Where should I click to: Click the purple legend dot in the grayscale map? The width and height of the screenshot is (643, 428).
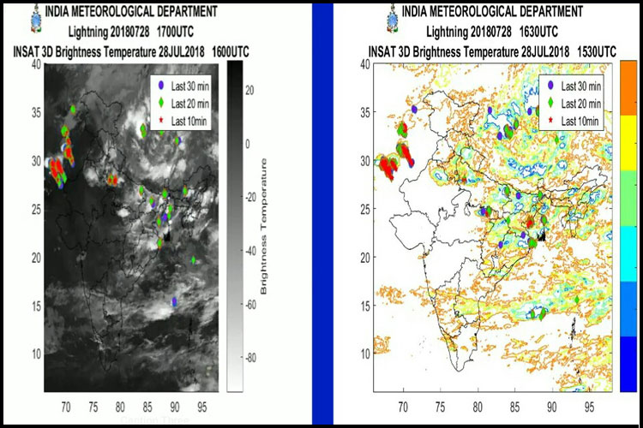pos(160,84)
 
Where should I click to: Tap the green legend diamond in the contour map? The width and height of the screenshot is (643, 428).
pos(550,104)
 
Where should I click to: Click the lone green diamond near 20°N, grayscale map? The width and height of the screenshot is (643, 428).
pos(194,259)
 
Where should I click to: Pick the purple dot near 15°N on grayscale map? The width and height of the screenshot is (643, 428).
pos(175,301)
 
